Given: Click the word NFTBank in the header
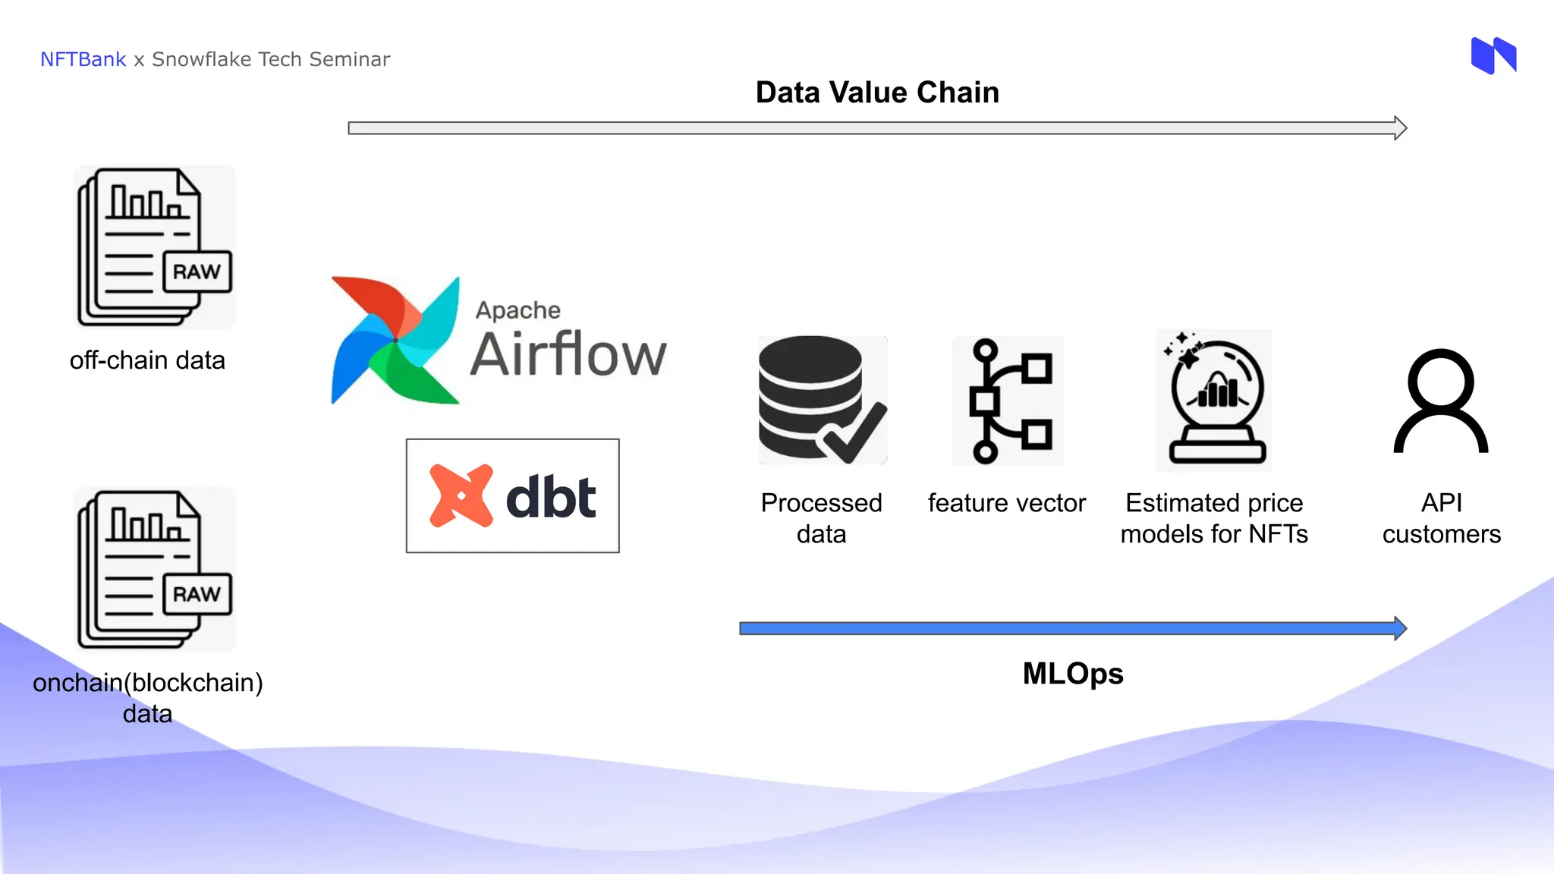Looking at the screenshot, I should click(83, 59).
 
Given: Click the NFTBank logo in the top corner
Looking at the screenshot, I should click(1493, 55).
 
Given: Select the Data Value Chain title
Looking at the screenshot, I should click(877, 93).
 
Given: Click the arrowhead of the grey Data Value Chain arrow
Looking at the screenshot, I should click(1401, 128).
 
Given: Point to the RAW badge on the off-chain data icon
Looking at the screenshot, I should click(197, 272).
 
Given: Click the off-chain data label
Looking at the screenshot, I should click(147, 360).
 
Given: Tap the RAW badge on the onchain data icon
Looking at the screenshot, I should click(197, 594).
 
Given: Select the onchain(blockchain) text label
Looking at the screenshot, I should click(147, 683).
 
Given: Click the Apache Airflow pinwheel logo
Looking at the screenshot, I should click(395, 341).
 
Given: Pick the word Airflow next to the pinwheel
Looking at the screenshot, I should click(568, 354).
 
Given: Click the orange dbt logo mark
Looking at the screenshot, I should click(461, 496).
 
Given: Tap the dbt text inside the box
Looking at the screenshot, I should click(551, 498).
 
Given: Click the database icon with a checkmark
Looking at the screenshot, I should click(821, 400).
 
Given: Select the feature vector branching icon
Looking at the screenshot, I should click(1008, 401).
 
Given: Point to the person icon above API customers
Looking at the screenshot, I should click(1440, 401).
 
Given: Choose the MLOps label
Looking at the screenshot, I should click(1073, 674).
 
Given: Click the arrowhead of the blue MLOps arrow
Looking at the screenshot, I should click(1401, 628).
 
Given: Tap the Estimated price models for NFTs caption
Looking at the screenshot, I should click(1214, 519).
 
